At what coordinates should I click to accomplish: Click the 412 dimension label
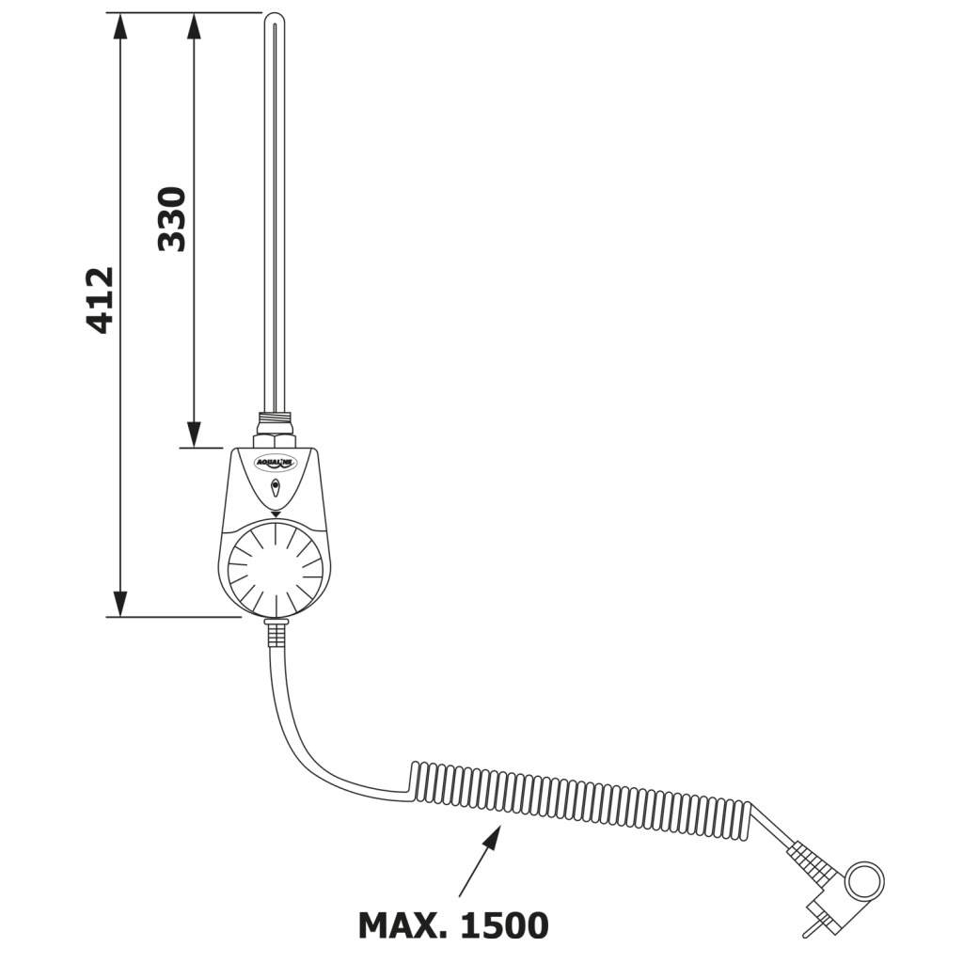(100, 300)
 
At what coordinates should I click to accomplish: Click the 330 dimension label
(172, 219)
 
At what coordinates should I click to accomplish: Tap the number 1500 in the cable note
(504, 925)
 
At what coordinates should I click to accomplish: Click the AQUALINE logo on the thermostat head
(276, 462)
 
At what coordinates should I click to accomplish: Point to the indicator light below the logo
(276, 487)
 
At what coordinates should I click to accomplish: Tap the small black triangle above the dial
(276, 513)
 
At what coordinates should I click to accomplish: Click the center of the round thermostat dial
(276, 569)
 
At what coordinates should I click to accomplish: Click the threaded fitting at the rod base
(275, 423)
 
